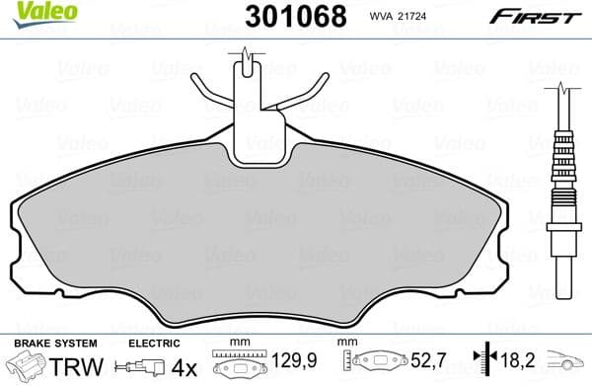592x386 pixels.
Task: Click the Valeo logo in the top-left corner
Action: click(29, 12)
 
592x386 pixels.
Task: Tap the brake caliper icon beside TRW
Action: click(25, 367)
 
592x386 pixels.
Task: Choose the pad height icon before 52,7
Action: click(375, 363)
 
